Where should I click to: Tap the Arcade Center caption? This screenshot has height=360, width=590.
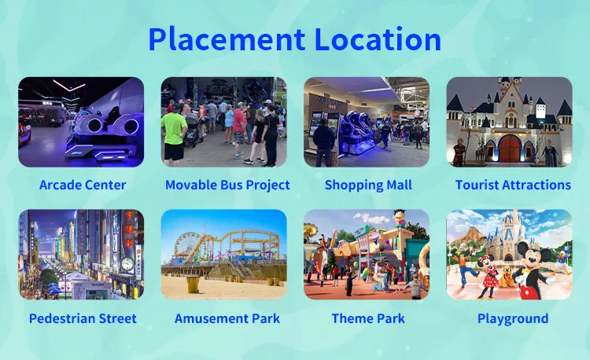coord(82,186)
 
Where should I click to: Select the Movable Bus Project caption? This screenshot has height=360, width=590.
coord(227,186)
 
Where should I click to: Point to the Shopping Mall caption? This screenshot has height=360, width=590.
coord(368,186)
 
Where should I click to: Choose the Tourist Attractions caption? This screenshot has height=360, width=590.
coord(513,186)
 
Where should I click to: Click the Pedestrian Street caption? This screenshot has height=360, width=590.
coord(82,318)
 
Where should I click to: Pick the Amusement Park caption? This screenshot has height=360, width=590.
coord(227,318)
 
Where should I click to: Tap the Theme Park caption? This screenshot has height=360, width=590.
coord(368,318)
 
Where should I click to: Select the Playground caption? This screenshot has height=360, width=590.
coord(513,318)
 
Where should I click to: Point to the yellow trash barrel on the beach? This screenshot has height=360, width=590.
coord(193,284)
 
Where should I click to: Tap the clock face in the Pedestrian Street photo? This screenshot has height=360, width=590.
coord(127,264)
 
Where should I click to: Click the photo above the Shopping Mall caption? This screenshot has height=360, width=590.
coord(367,122)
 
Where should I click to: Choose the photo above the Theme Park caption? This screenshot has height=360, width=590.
coord(367,254)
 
